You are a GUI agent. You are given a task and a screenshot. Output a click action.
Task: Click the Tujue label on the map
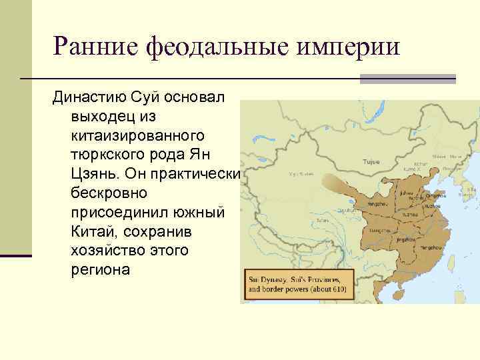[x=371, y=162]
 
